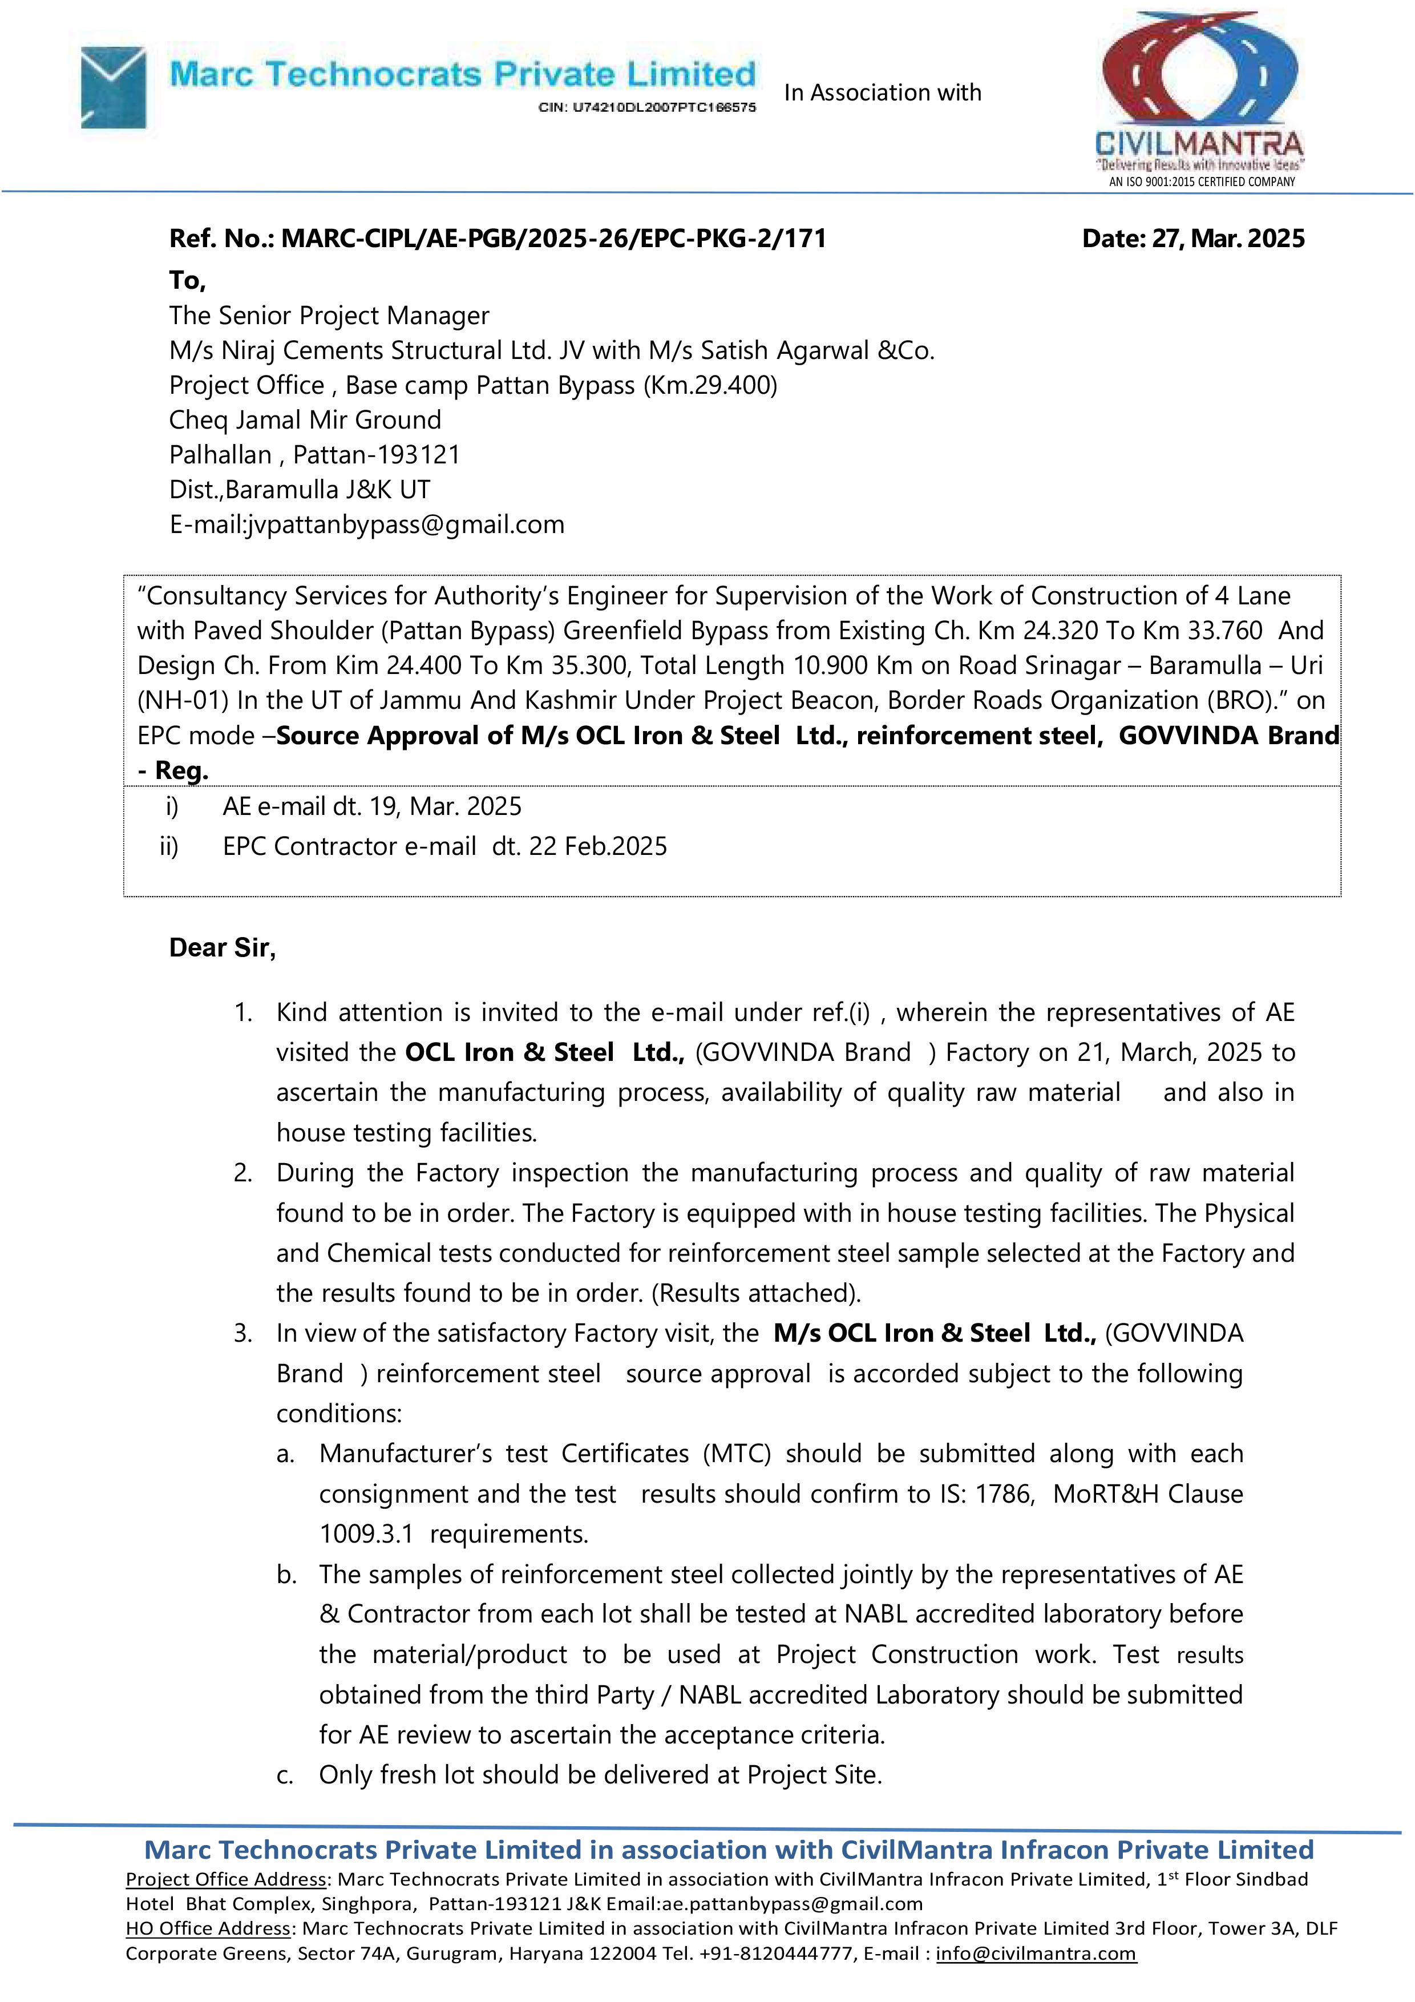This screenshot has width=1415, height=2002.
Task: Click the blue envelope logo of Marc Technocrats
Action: click(x=114, y=87)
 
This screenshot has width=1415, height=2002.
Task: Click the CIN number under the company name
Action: click(x=647, y=107)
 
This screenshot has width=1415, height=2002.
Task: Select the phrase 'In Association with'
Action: click(x=882, y=92)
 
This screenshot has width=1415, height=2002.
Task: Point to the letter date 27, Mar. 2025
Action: click(x=1192, y=239)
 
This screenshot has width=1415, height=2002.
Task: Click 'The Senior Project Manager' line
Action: click(x=329, y=316)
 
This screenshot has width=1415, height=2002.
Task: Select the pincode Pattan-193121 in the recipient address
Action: click(x=376, y=455)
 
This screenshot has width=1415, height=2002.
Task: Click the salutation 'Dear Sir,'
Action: click(x=223, y=948)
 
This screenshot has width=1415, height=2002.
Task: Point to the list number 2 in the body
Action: click(x=242, y=1174)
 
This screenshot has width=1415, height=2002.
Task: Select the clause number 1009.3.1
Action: click(x=366, y=1535)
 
